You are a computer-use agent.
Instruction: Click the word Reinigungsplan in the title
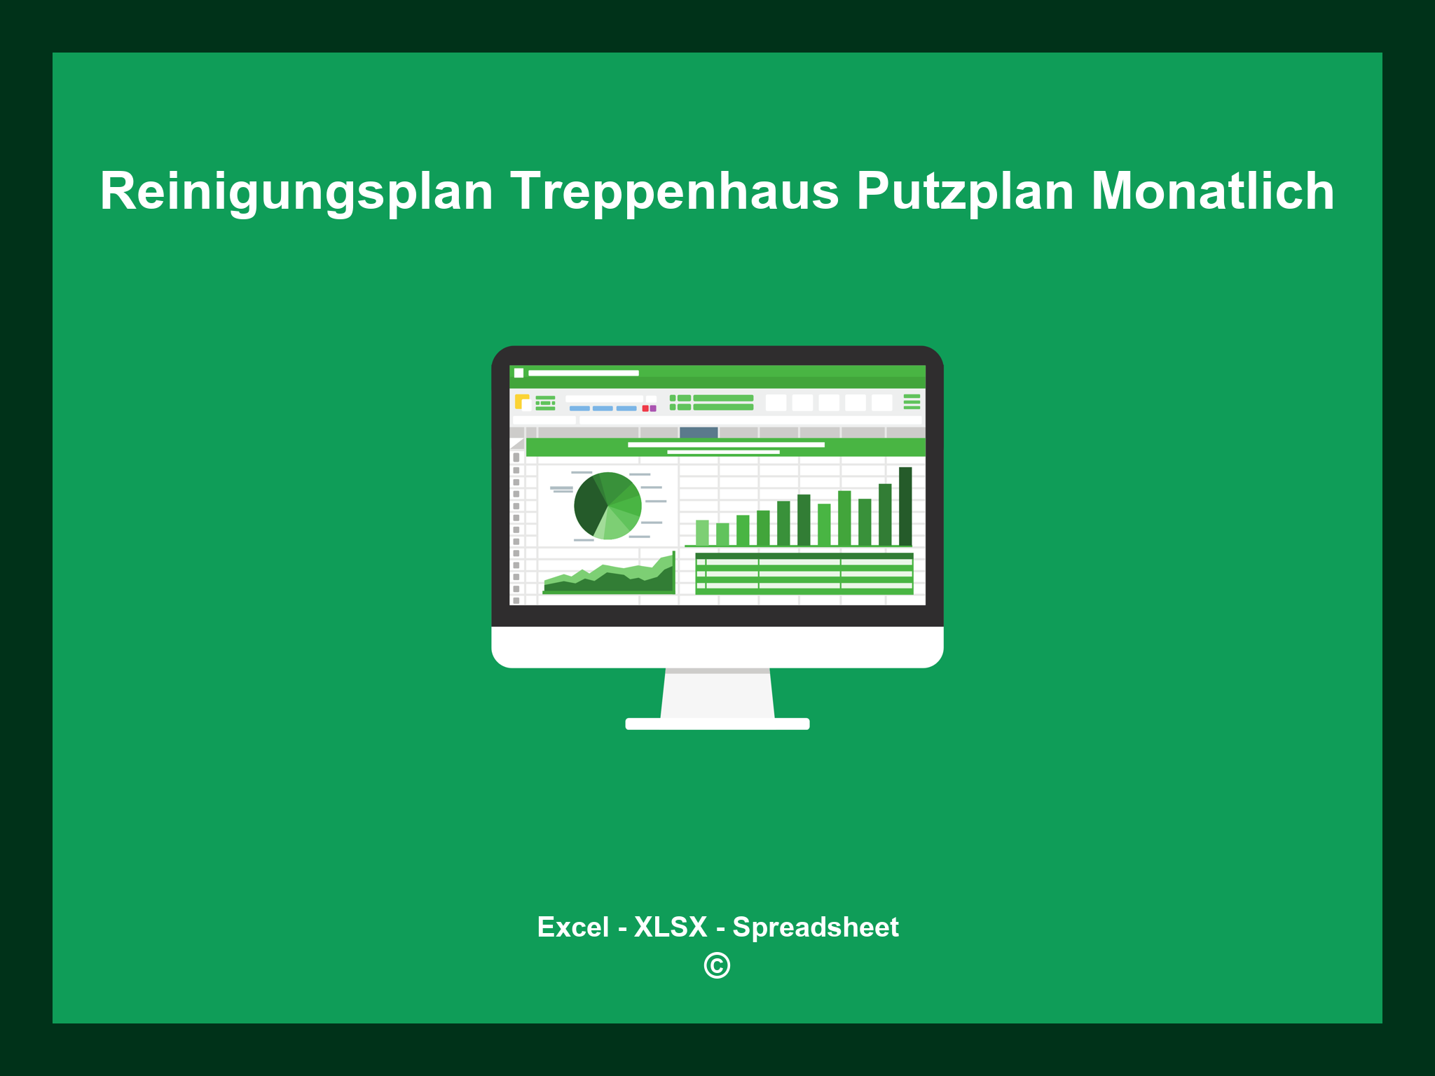point(296,191)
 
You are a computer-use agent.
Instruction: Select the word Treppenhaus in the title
point(674,191)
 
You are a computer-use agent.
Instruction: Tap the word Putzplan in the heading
point(965,191)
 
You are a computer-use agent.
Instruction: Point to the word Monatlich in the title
point(1212,191)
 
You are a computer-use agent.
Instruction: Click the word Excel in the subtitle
point(572,927)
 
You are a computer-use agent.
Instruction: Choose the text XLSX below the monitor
point(671,927)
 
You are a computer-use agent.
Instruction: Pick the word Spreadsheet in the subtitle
point(815,927)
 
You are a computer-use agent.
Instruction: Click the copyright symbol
point(717,966)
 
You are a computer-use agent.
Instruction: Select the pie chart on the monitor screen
point(607,506)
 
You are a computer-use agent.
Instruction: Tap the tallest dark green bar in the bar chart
point(905,506)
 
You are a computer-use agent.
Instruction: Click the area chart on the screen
point(608,578)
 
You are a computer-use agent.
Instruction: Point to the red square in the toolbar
point(645,408)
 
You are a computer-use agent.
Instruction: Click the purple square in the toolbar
point(653,408)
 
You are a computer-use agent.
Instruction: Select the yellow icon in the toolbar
point(521,401)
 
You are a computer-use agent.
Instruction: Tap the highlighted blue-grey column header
point(699,432)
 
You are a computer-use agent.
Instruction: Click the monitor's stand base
point(717,724)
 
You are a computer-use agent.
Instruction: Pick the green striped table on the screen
point(804,573)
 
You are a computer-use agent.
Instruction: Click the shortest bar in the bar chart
point(722,534)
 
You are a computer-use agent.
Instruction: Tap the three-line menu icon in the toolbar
point(912,401)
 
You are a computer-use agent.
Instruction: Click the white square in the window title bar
point(519,373)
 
